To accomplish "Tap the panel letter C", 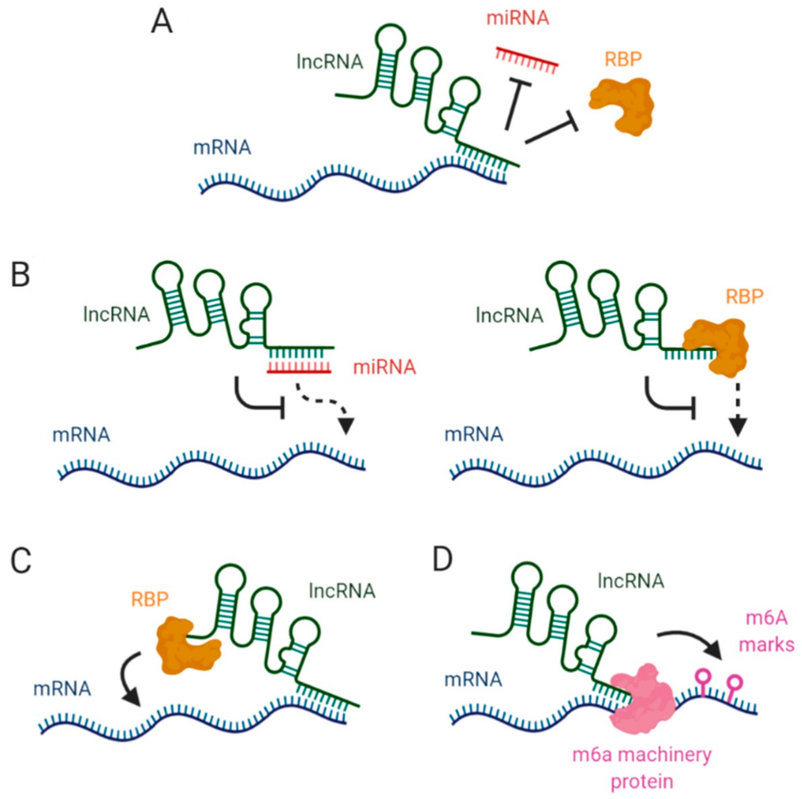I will tap(21, 562).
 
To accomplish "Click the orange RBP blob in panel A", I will tap(621, 106).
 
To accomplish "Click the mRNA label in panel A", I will tap(222, 148).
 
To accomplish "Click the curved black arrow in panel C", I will tap(129, 680).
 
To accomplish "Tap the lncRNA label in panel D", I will tap(631, 581).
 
